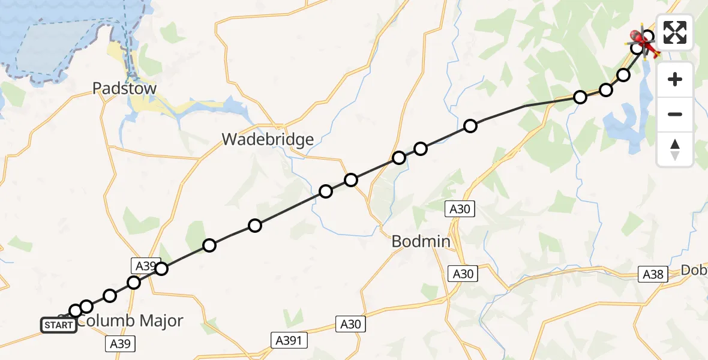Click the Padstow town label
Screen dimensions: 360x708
[x=124, y=89]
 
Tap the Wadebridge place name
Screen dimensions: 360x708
[x=268, y=140]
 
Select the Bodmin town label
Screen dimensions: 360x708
[x=421, y=242]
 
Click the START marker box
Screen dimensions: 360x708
[x=59, y=325]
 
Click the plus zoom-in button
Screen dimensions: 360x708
[x=675, y=79]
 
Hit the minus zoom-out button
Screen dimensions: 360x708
[x=675, y=114]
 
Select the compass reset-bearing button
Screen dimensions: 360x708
[x=675, y=149]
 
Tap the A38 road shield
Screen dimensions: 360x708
[x=653, y=274]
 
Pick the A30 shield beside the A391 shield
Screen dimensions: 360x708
[x=351, y=325]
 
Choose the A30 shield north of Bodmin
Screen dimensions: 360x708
[x=461, y=209]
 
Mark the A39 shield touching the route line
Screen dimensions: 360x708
[x=145, y=266]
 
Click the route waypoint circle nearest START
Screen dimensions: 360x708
[x=75, y=311]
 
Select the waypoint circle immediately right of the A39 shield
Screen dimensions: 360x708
[x=161, y=269]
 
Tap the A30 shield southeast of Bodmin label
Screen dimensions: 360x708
[x=462, y=274]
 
